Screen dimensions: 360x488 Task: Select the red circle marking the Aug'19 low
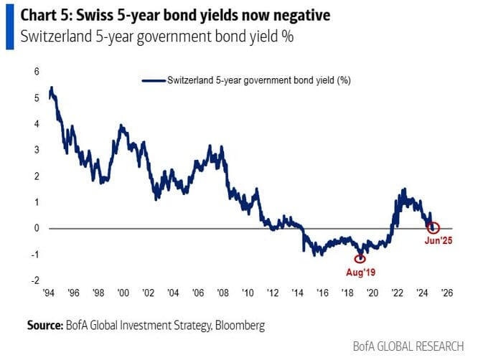tap(360, 259)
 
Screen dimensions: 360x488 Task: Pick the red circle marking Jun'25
tap(433, 228)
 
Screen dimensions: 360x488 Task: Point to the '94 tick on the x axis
tap(49, 293)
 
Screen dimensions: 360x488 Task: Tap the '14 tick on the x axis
tap(296, 293)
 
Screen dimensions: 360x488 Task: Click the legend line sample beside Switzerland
tap(154, 82)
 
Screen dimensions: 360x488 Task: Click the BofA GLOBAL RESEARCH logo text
tap(408, 346)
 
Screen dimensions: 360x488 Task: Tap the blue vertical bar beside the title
tap(9, 24)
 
